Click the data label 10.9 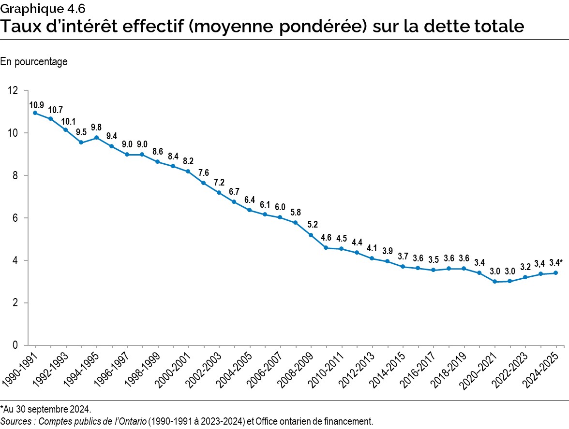[x=36, y=104]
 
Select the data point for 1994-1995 [x=96, y=137]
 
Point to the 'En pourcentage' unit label [x=34, y=62]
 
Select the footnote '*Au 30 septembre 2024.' [x=45, y=410]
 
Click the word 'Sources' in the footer [x=15, y=421]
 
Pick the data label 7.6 [x=204, y=172]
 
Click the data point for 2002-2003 [x=219, y=193]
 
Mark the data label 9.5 [x=81, y=132]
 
